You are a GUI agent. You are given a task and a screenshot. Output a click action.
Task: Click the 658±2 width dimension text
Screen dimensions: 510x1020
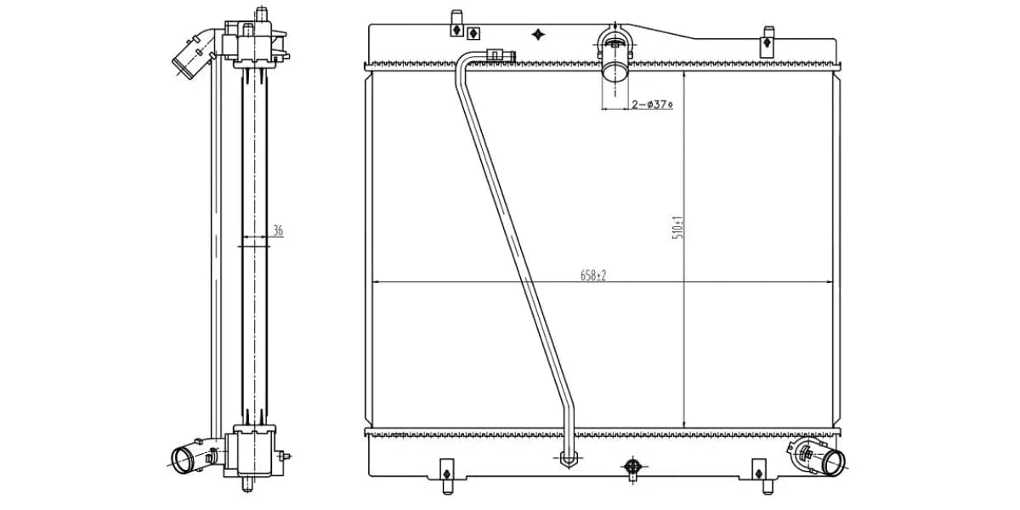pyautogui.click(x=593, y=275)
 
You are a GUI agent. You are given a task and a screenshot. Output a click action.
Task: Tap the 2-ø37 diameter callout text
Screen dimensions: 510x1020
pyautogui.click(x=651, y=105)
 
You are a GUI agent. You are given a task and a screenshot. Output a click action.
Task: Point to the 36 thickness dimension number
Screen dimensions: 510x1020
pyautogui.click(x=278, y=230)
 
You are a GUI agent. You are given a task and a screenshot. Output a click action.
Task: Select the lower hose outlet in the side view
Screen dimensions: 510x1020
pyautogui.click(x=183, y=460)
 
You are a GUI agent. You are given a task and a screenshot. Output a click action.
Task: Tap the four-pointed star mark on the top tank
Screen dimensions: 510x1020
pyautogui.click(x=537, y=34)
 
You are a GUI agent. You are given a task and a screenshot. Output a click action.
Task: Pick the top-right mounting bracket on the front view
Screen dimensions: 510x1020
pyautogui.click(x=767, y=37)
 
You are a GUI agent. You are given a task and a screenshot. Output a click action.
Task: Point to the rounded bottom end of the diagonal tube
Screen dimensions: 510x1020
pyautogui.click(x=569, y=460)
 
